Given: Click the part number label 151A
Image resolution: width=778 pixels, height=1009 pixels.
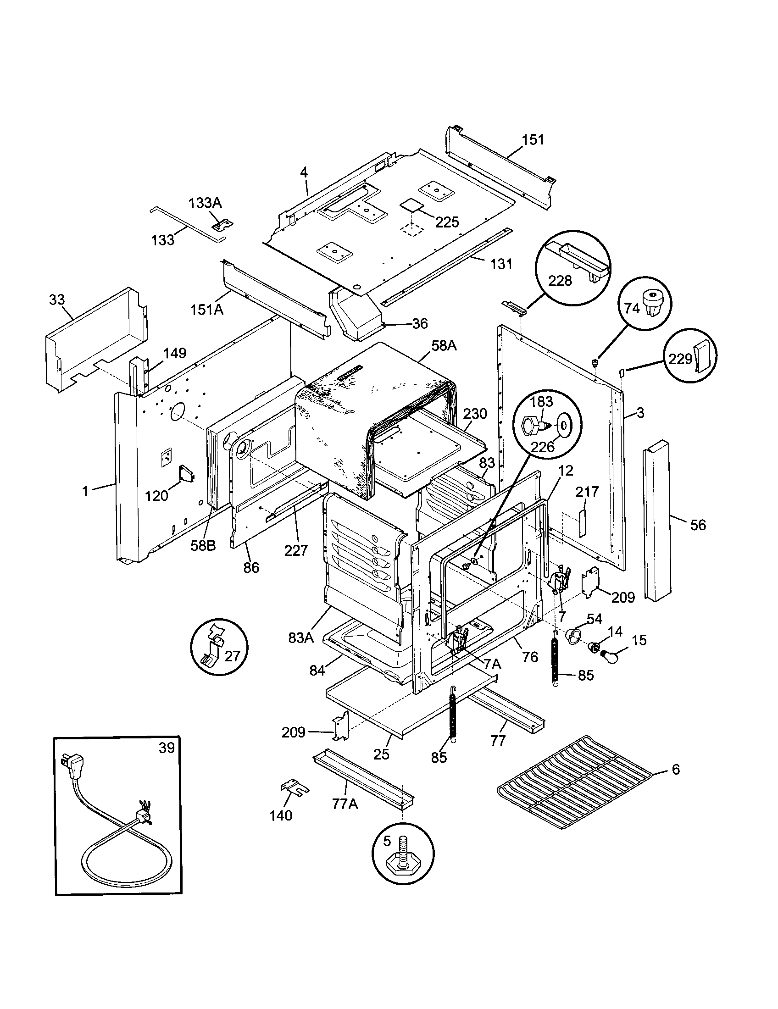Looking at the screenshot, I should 206,309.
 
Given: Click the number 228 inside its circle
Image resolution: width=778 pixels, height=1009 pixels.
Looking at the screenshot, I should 560,280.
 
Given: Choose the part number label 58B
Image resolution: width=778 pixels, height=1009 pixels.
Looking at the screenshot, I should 203,546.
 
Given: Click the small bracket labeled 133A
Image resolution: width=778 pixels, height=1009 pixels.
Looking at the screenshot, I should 222,225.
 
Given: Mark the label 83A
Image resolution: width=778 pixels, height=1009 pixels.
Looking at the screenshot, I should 301,638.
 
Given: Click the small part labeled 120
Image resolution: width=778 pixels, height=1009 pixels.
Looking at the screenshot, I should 187,474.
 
